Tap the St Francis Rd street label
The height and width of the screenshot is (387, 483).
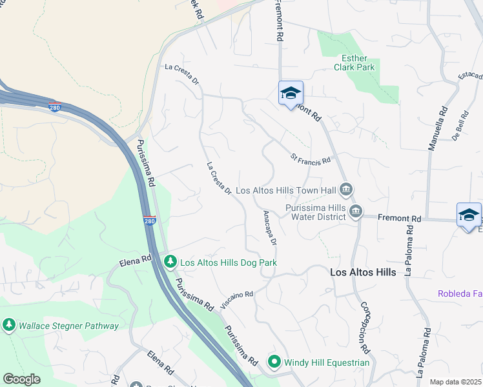[311, 158]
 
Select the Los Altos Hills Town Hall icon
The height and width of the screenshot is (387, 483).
[346, 190]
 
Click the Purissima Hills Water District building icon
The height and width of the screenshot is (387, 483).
[355, 212]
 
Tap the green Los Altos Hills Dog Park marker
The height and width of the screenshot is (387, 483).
[170, 262]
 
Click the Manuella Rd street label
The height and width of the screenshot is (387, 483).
[437, 129]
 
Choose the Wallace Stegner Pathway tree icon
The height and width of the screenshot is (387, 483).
[9, 326]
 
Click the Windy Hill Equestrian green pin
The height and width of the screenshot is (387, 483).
[274, 362]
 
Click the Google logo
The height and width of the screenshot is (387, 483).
[21, 379]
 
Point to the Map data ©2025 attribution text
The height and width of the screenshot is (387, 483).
[455, 382]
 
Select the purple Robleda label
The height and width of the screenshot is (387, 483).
[460, 293]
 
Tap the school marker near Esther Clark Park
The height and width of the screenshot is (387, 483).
[291, 93]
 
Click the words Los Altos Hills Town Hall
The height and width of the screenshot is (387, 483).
[286, 190]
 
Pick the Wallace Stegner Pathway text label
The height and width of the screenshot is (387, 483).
[68, 326]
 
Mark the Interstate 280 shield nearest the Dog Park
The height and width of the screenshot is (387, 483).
[149, 221]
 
